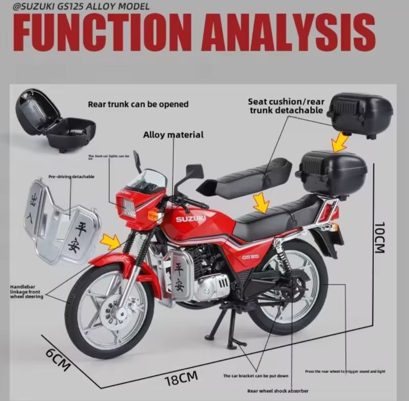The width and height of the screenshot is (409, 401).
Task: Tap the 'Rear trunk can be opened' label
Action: pyautogui.click(x=138, y=104)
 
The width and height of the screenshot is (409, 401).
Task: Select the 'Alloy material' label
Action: pyautogui.click(x=173, y=135)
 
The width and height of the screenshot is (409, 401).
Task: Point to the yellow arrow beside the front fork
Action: pyautogui.click(x=111, y=242)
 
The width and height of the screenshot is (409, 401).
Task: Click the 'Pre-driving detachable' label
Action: pyautogui.click(x=71, y=176)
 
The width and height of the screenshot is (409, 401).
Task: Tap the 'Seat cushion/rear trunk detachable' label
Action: pyautogui.click(x=286, y=105)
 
